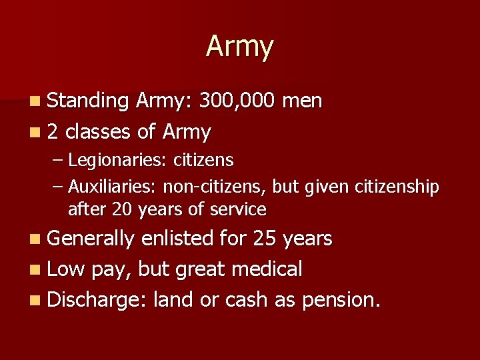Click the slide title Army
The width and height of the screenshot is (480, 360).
pyautogui.click(x=239, y=47)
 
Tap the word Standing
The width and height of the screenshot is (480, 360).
pyautogui.click(x=89, y=101)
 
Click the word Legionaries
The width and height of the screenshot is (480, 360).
pyautogui.click(x=118, y=160)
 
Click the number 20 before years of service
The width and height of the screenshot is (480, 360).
pyautogui.click(x=123, y=209)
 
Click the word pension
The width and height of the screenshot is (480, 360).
pyautogui.click(x=341, y=300)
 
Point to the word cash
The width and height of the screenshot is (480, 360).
pyautogui.click(x=247, y=300)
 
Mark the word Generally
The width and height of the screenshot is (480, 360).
pyautogui.click(x=91, y=238)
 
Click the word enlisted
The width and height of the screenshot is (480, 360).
pyautogui.click(x=179, y=238)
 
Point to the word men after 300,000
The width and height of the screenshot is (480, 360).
pyautogui.click(x=303, y=101)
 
